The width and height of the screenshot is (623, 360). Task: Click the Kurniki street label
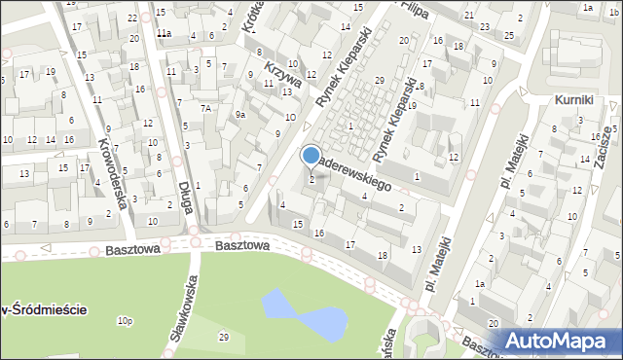pos(574,100)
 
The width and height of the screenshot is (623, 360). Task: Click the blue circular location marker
pos(311,155)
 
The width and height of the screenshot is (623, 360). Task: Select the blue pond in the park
pos(296,310)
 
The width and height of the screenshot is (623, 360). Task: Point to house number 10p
pos(124,320)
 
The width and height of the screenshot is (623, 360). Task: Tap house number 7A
pos(205,108)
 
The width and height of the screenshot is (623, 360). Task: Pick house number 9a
pos(239,115)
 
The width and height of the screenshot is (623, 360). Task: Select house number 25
pos(509,35)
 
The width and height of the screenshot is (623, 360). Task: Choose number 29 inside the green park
pos(224,337)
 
